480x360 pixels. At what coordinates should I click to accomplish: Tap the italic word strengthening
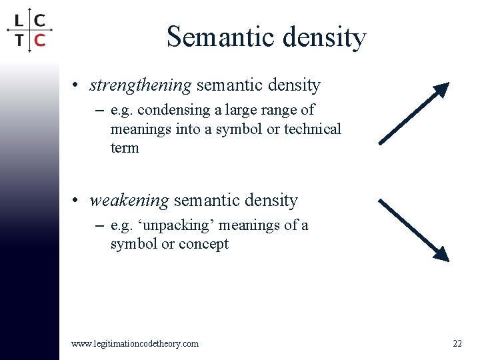tap(141, 86)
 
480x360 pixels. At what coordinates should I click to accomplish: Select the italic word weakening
tap(129, 201)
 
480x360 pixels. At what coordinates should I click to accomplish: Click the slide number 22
tap(457, 343)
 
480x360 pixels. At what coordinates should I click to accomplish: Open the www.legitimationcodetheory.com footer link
tap(135, 343)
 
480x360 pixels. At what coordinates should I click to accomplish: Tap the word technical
tap(313, 129)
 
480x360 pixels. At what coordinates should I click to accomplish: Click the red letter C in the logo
tap(39, 40)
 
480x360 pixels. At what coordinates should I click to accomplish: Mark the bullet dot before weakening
tap(78, 201)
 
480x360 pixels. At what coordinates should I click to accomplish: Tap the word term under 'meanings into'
tap(125, 147)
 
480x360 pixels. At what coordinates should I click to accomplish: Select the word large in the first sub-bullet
tap(247, 110)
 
